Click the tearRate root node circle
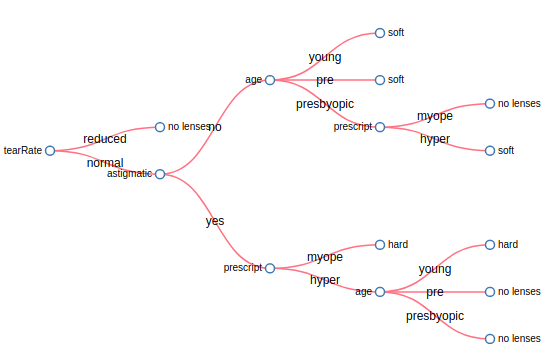(50, 151)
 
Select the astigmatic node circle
(160, 174)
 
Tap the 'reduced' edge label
(105, 139)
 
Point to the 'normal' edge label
(105, 163)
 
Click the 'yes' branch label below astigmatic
(215, 221)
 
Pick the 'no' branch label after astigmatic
(215, 127)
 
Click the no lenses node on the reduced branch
(160, 127)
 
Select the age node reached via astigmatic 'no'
(270, 80)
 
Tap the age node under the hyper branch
(380, 292)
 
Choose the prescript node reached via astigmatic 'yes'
(270, 268)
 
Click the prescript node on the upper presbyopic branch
(380, 127)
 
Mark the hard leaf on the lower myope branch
(380, 244)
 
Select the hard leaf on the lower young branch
(490, 244)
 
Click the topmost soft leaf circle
(380, 33)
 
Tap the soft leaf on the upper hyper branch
(490, 151)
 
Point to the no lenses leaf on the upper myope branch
(490, 103)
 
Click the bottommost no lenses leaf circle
(490, 339)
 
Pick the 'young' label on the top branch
(325, 57)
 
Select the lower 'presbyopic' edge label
(435, 316)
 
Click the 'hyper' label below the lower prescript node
(325, 280)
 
